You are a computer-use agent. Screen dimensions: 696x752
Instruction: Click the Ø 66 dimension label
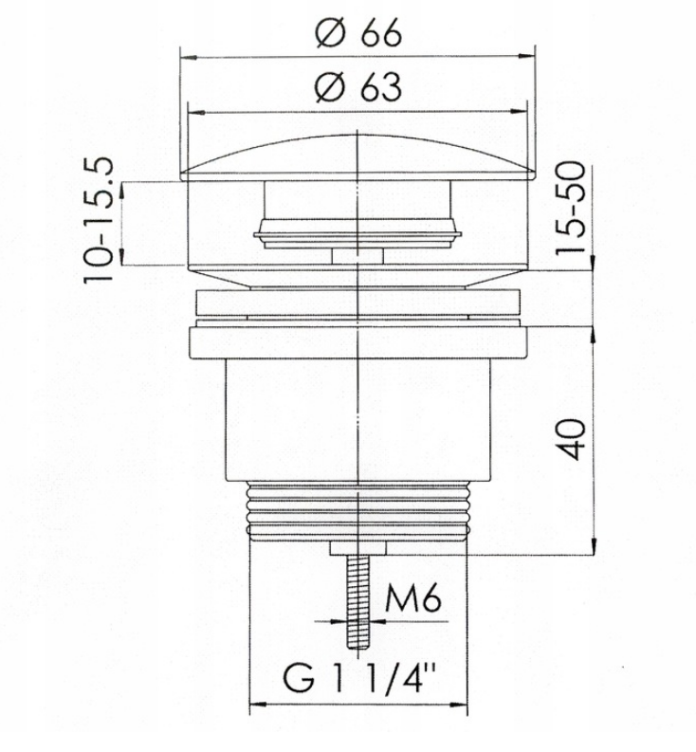(358, 33)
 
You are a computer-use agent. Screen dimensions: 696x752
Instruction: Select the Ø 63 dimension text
(358, 87)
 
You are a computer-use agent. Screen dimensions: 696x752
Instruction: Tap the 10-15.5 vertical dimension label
(99, 221)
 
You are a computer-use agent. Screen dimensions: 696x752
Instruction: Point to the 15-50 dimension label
(571, 207)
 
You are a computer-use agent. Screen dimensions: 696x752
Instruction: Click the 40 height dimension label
(571, 440)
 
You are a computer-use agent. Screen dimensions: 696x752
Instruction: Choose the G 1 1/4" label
(359, 678)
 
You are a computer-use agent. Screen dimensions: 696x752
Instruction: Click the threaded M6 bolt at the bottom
(358, 603)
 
